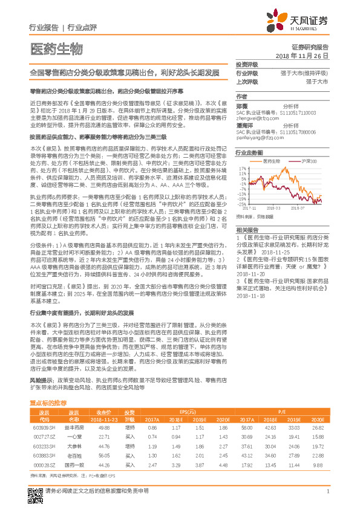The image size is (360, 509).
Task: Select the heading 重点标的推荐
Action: click(53, 402)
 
